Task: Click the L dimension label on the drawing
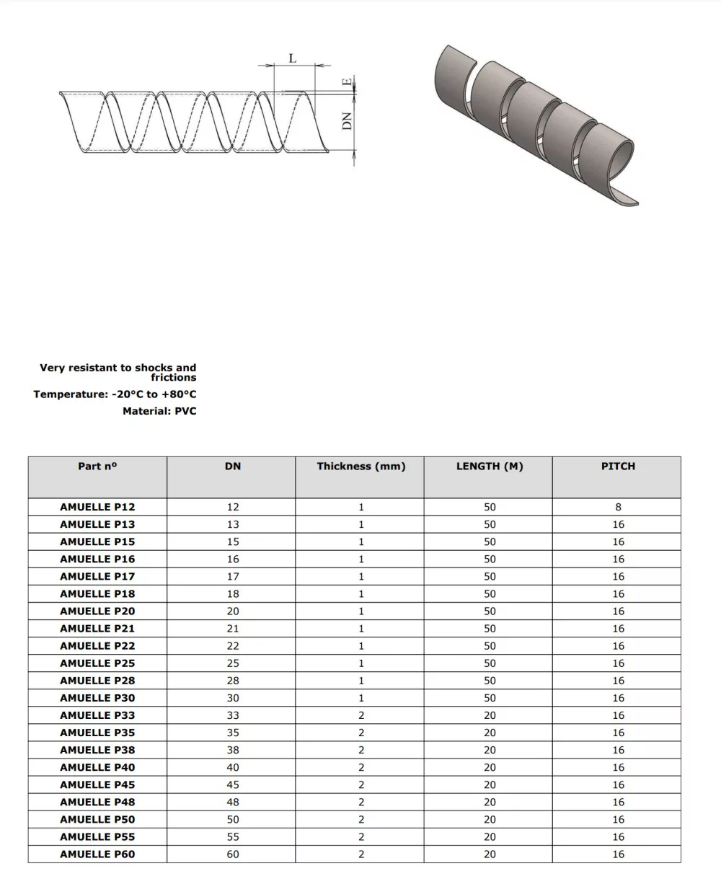tap(293, 58)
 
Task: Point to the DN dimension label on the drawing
tap(348, 120)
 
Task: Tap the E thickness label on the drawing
tap(348, 82)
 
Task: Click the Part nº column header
tap(97, 467)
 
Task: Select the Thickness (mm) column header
tap(361, 467)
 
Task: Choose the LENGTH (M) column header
tap(490, 467)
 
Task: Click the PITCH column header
tap(618, 467)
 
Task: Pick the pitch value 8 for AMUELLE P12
tap(618, 507)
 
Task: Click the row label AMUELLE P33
tap(97, 715)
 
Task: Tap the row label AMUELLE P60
tap(97, 854)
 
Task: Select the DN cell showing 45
tap(233, 784)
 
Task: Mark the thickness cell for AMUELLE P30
tap(361, 698)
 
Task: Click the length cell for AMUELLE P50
tap(490, 819)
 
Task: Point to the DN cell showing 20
tap(233, 611)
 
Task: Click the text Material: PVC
tap(159, 411)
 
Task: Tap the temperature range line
tap(115, 394)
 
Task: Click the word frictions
tap(173, 377)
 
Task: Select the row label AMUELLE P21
tap(97, 629)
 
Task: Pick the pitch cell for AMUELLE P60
tap(618, 854)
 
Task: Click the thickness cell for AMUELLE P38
tap(361, 750)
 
